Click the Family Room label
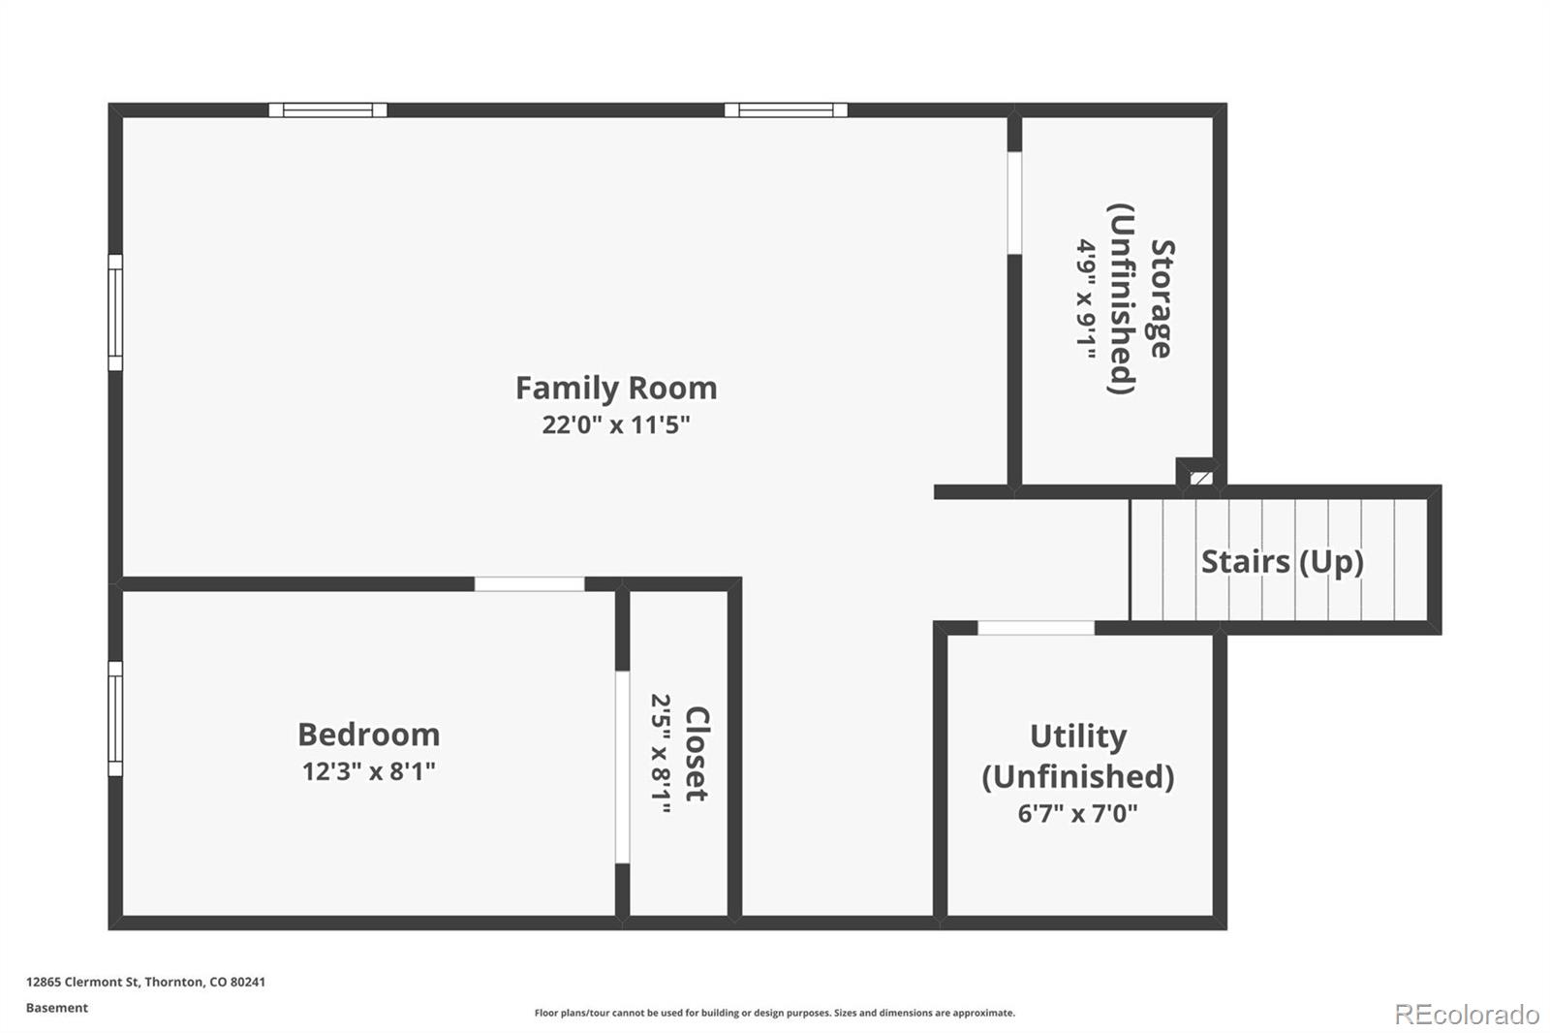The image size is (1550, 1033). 616,389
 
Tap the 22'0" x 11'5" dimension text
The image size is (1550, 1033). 616,424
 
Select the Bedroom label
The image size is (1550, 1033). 369,735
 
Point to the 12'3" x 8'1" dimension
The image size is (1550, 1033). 369,771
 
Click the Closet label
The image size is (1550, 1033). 697,754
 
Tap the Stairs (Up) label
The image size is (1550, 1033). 1283,561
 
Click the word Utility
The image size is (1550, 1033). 1078,736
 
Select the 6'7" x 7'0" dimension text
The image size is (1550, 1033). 1077,813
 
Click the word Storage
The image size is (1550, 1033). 1162,298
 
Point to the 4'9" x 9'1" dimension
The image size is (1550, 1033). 1086,298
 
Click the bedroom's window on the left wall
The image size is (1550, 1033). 115,719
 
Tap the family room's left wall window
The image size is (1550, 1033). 115,312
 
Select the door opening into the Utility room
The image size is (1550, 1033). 1036,628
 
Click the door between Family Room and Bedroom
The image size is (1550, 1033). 529,584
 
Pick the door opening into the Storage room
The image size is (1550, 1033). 1014,203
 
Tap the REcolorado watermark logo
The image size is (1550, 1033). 1467,1015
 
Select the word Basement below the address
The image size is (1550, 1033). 57,1008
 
